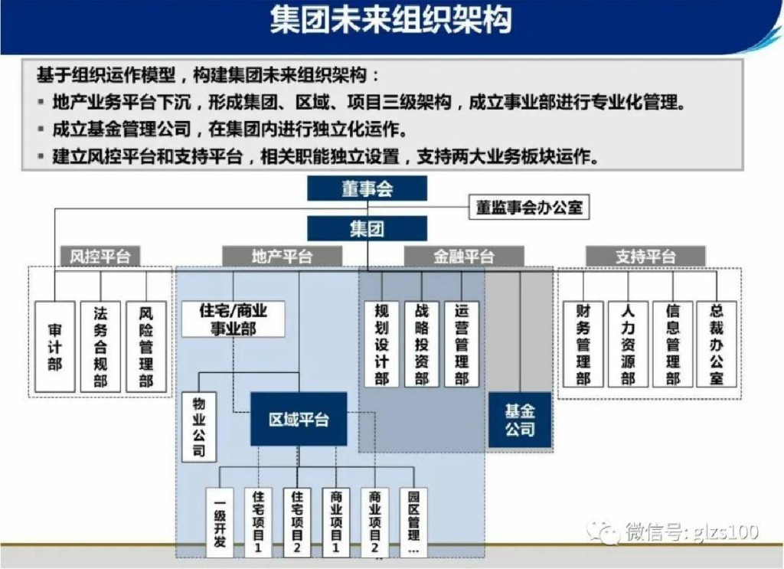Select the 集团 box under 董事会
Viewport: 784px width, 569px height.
pyautogui.click(x=367, y=228)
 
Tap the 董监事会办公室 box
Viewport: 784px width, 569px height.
pyautogui.click(x=529, y=207)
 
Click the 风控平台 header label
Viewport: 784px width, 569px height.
pyautogui.click(x=100, y=257)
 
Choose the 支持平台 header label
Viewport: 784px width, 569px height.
pyautogui.click(x=645, y=257)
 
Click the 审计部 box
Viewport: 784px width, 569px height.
pyautogui.click(x=55, y=347)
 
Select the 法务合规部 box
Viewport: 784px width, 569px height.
pyautogui.click(x=100, y=347)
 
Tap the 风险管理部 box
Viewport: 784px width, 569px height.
pyautogui.click(x=145, y=347)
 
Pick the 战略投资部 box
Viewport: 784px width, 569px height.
pyautogui.click(x=422, y=344)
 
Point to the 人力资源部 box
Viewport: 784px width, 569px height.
pyautogui.click(x=628, y=344)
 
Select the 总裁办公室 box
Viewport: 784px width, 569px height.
pyautogui.click(x=717, y=344)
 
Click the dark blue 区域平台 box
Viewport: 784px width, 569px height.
pyautogui.click(x=299, y=419)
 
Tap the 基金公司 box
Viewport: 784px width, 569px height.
pyautogui.click(x=519, y=420)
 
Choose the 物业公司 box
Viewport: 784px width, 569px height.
pyautogui.click(x=199, y=427)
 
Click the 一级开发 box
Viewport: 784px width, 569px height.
pyautogui.click(x=220, y=522)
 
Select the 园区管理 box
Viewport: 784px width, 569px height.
pyautogui.click(x=413, y=522)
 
